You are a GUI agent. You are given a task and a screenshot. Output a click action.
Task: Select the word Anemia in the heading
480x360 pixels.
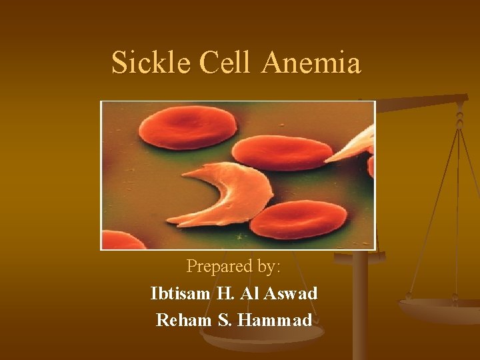[x=311, y=63]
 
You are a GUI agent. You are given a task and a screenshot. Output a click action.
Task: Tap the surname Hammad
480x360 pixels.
[x=275, y=320]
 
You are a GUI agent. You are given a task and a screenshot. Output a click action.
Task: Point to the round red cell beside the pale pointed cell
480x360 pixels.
[x=283, y=153]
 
